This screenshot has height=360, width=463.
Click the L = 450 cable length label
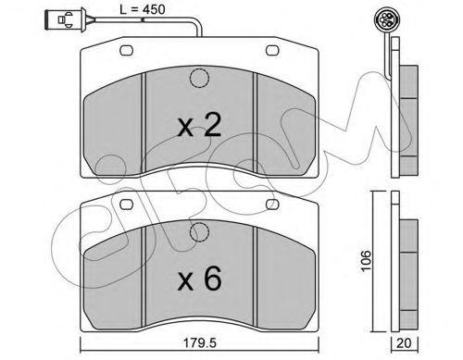pyautogui.click(x=143, y=9)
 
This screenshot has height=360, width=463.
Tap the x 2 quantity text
pyautogui.click(x=199, y=125)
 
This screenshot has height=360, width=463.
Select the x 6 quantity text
pyautogui.click(x=199, y=279)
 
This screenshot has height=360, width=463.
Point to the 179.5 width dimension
pyautogui.click(x=200, y=343)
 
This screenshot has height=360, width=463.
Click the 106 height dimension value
pyautogui.click(x=367, y=261)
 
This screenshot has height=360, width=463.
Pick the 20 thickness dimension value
pyautogui.click(x=405, y=343)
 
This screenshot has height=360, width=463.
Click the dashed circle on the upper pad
pyautogui.click(x=199, y=79)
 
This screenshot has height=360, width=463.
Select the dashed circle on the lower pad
pyautogui.click(x=199, y=232)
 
